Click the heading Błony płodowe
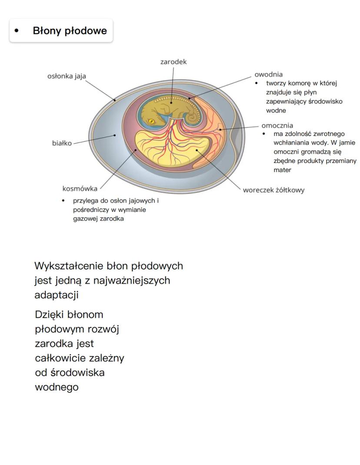coord(70,31)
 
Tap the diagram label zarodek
coord(173,62)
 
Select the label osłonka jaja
coord(67,76)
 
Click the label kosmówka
coord(80,189)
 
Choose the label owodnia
coord(269,74)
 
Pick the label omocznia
coord(277,126)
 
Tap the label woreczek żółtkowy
coord(273,190)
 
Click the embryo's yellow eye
coord(152,121)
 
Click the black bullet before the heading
coord(17,31)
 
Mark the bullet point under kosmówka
coord(63,201)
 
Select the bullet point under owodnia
coord(257,83)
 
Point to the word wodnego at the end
coord(57,387)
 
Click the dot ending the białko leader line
coord(115,135)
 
